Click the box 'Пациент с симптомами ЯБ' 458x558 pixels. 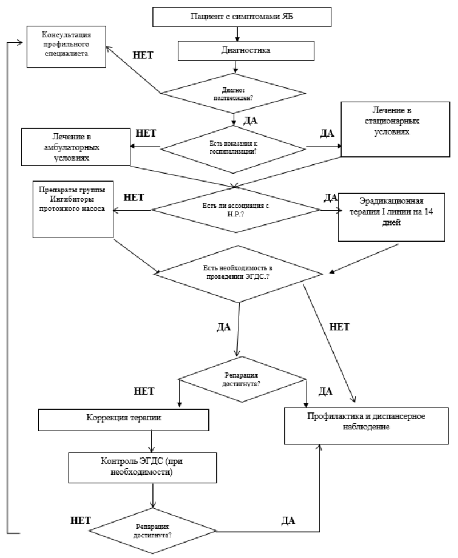point(242,17)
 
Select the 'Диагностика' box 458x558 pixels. point(246,50)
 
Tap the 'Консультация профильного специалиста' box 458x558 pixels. point(67,47)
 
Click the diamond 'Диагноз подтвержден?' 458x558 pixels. point(234,94)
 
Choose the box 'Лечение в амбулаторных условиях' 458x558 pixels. point(76,147)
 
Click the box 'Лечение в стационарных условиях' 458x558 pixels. point(395,129)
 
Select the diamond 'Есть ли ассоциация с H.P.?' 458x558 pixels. point(236,210)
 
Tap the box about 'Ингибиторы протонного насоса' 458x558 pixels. point(73,209)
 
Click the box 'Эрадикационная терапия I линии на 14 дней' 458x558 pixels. point(391,217)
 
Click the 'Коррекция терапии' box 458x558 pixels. point(123,420)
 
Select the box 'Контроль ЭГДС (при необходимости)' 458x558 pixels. point(142,468)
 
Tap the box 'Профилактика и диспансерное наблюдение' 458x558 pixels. point(367,426)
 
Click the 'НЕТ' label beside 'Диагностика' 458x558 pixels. point(143,55)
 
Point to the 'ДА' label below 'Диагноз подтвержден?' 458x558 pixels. point(250,121)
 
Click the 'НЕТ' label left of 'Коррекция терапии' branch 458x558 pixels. point(144,391)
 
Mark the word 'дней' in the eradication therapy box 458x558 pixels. point(391,223)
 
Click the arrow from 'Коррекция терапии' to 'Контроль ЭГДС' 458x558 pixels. point(152,441)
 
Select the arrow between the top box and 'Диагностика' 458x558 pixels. point(236,34)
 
